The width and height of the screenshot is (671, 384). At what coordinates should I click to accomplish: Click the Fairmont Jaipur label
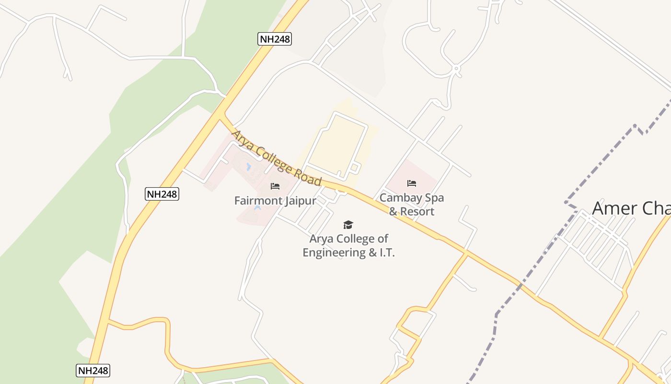(275, 201)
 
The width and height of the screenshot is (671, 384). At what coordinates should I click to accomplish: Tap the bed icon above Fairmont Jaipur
(275, 186)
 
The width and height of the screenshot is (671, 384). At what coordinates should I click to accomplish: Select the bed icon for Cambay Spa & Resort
(412, 183)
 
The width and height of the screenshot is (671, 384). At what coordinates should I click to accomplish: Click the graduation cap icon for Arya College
(348, 225)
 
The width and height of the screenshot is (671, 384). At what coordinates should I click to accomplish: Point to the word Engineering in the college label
(334, 252)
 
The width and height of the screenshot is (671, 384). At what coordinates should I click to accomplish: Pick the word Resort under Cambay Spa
(417, 212)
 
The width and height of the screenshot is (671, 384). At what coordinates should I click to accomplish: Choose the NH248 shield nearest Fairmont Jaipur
(162, 194)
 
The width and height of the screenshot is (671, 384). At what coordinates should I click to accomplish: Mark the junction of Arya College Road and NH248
(222, 116)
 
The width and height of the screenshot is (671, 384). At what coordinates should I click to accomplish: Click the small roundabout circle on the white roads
(456, 69)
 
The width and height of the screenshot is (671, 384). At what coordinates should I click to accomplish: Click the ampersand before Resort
(393, 212)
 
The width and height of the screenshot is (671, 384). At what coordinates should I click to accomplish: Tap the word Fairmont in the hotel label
(256, 201)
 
